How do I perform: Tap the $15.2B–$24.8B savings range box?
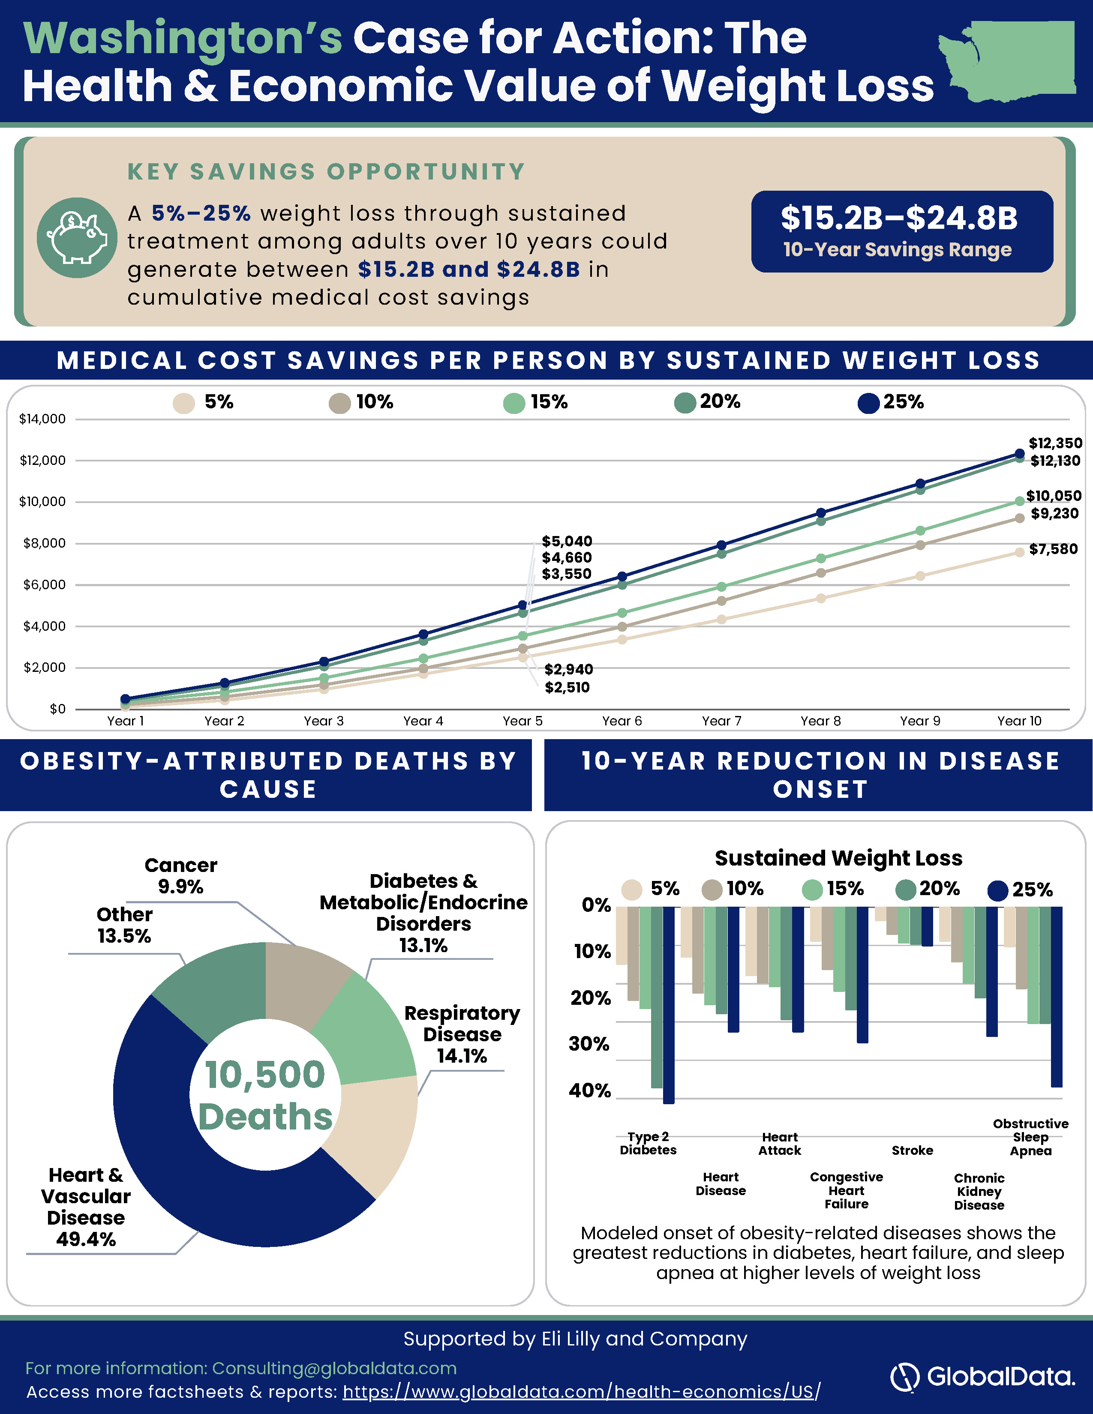click(x=902, y=231)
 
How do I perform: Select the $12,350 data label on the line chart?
click(x=1055, y=443)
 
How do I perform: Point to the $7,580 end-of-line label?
click(x=1054, y=549)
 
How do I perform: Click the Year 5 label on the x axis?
click(x=522, y=721)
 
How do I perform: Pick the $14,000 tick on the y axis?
click(x=43, y=419)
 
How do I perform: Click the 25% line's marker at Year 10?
click(x=1019, y=454)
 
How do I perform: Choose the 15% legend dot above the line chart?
click(x=514, y=403)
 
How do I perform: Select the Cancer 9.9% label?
click(x=180, y=875)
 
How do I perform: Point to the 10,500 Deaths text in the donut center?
click(x=265, y=1096)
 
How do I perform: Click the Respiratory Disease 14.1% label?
click(x=462, y=1034)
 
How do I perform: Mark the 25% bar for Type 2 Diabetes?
click(x=669, y=1005)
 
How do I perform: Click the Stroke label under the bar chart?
click(x=913, y=1150)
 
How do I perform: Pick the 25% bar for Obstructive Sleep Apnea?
click(x=1057, y=996)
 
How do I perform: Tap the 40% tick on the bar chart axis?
click(x=590, y=1090)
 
